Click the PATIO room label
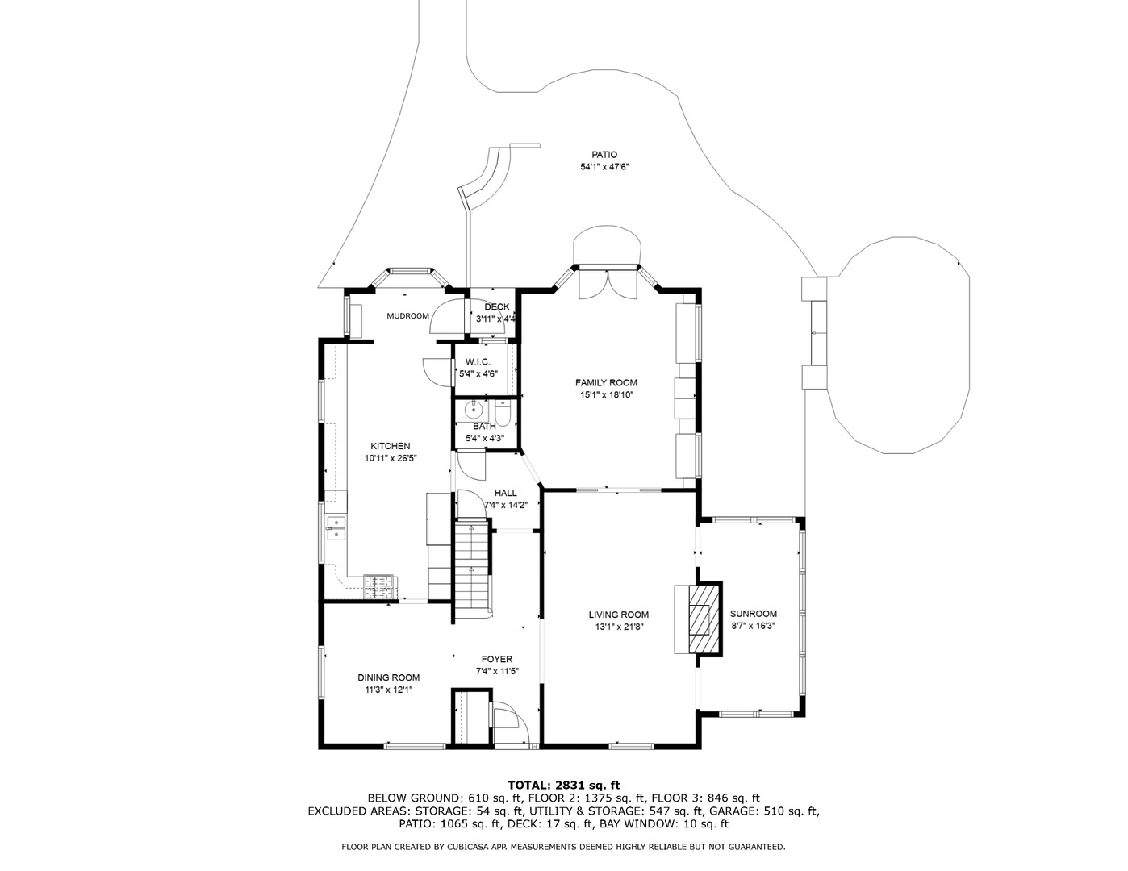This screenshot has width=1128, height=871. [x=604, y=155]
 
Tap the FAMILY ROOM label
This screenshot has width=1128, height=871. [x=606, y=383]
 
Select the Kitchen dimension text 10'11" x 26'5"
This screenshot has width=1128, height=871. [x=391, y=458]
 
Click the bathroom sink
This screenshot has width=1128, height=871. [x=474, y=410]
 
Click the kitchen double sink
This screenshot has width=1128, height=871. [x=336, y=527]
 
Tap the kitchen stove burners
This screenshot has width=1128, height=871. [x=378, y=587]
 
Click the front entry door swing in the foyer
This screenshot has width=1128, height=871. [x=509, y=723]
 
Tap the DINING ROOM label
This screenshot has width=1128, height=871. [x=388, y=677]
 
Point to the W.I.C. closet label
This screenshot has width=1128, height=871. [x=478, y=361]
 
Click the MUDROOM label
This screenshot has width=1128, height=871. [x=407, y=316]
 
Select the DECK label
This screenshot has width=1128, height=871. [x=497, y=307]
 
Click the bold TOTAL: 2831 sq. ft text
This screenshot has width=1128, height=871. [x=564, y=785]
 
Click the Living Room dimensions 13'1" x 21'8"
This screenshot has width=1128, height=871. [x=619, y=627]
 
